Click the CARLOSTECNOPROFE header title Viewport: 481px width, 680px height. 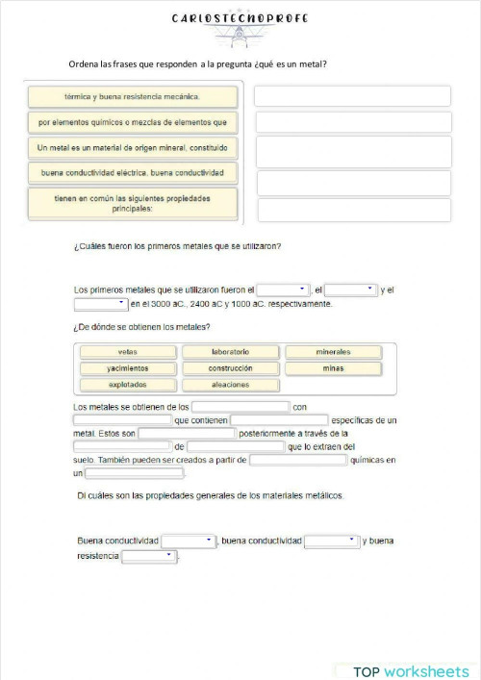(240, 18)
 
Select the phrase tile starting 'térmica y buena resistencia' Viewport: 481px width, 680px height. (133, 97)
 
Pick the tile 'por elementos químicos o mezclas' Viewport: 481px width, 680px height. (133, 123)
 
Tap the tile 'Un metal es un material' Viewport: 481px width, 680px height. (133, 148)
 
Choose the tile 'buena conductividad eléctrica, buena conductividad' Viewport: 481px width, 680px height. (133, 173)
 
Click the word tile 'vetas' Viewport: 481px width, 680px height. (128, 352)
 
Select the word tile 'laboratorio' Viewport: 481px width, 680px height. (231, 352)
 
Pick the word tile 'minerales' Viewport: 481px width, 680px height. (333, 352)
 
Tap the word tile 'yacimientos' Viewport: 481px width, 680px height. (128, 368)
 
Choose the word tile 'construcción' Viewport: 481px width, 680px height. (231, 368)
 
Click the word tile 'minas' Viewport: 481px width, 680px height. (333, 368)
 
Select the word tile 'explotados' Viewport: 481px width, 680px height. (128, 385)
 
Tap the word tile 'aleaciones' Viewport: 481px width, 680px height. (231, 385)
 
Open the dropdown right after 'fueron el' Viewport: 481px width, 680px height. (283, 289)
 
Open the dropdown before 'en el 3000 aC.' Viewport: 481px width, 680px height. (101, 304)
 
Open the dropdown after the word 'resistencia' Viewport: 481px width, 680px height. (150, 556)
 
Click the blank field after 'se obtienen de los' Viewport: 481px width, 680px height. (240, 407)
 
